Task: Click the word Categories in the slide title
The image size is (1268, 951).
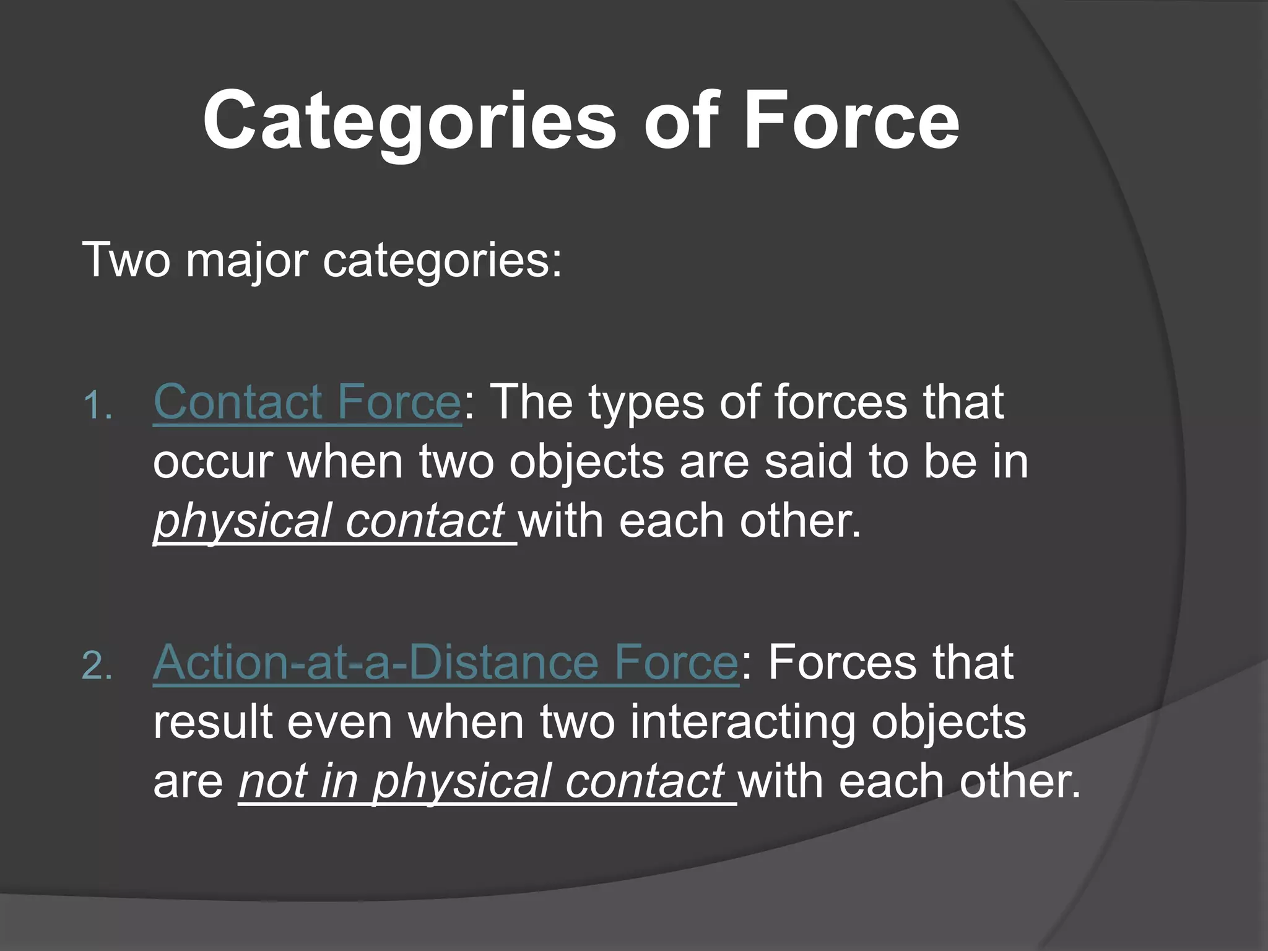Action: coord(409,121)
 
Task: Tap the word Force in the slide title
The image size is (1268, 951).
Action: coord(851,121)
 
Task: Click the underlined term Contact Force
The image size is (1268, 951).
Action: coord(306,402)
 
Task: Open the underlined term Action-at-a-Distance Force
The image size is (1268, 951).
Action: coord(445,663)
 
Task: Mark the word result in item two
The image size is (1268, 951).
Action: coord(213,723)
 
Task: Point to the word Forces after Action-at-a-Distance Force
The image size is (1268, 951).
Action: coord(841,663)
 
